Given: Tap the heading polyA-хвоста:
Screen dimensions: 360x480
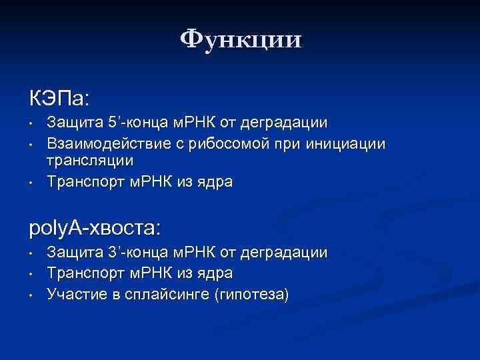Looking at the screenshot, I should click(95, 229).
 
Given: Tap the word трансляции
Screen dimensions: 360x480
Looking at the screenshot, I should click(89, 161).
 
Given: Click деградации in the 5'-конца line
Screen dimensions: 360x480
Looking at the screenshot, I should click(287, 123).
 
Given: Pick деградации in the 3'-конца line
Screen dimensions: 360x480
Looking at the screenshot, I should click(287, 253).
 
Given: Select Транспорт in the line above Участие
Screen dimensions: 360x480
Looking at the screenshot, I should click(80, 273).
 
